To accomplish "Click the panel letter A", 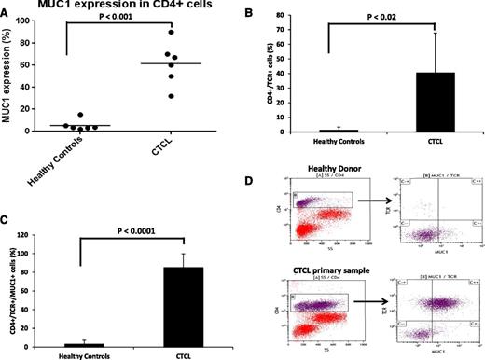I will (x=6, y=8).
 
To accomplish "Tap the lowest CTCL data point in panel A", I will (x=168, y=96).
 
